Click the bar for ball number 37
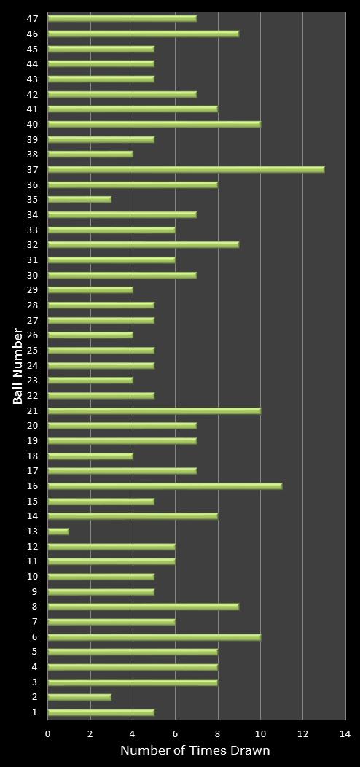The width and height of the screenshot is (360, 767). [186, 169]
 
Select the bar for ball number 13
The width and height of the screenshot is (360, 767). [58, 531]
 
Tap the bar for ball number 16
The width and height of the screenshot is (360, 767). [165, 486]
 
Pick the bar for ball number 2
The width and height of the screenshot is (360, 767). [79, 697]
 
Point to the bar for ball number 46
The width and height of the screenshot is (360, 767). [144, 34]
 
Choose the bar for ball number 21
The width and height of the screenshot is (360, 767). [154, 410]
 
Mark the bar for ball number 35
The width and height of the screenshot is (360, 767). [79, 199]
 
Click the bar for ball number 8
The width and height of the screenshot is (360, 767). [144, 606]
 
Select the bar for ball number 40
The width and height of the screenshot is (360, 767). [154, 124]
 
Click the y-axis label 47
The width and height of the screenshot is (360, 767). [32, 18]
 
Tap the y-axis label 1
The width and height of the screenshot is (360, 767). [35, 712]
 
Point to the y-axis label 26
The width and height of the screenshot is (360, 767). [32, 335]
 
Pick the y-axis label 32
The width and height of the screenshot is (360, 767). [32, 245]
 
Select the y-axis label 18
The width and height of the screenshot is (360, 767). [32, 456]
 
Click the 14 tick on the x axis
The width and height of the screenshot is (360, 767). [345, 734]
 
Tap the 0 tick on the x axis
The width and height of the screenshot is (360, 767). [48, 734]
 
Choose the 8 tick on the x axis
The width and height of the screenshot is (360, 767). [218, 734]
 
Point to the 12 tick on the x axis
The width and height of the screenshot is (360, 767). [302, 734]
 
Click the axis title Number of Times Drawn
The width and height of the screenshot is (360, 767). [195, 751]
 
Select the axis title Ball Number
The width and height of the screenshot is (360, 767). [17, 366]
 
